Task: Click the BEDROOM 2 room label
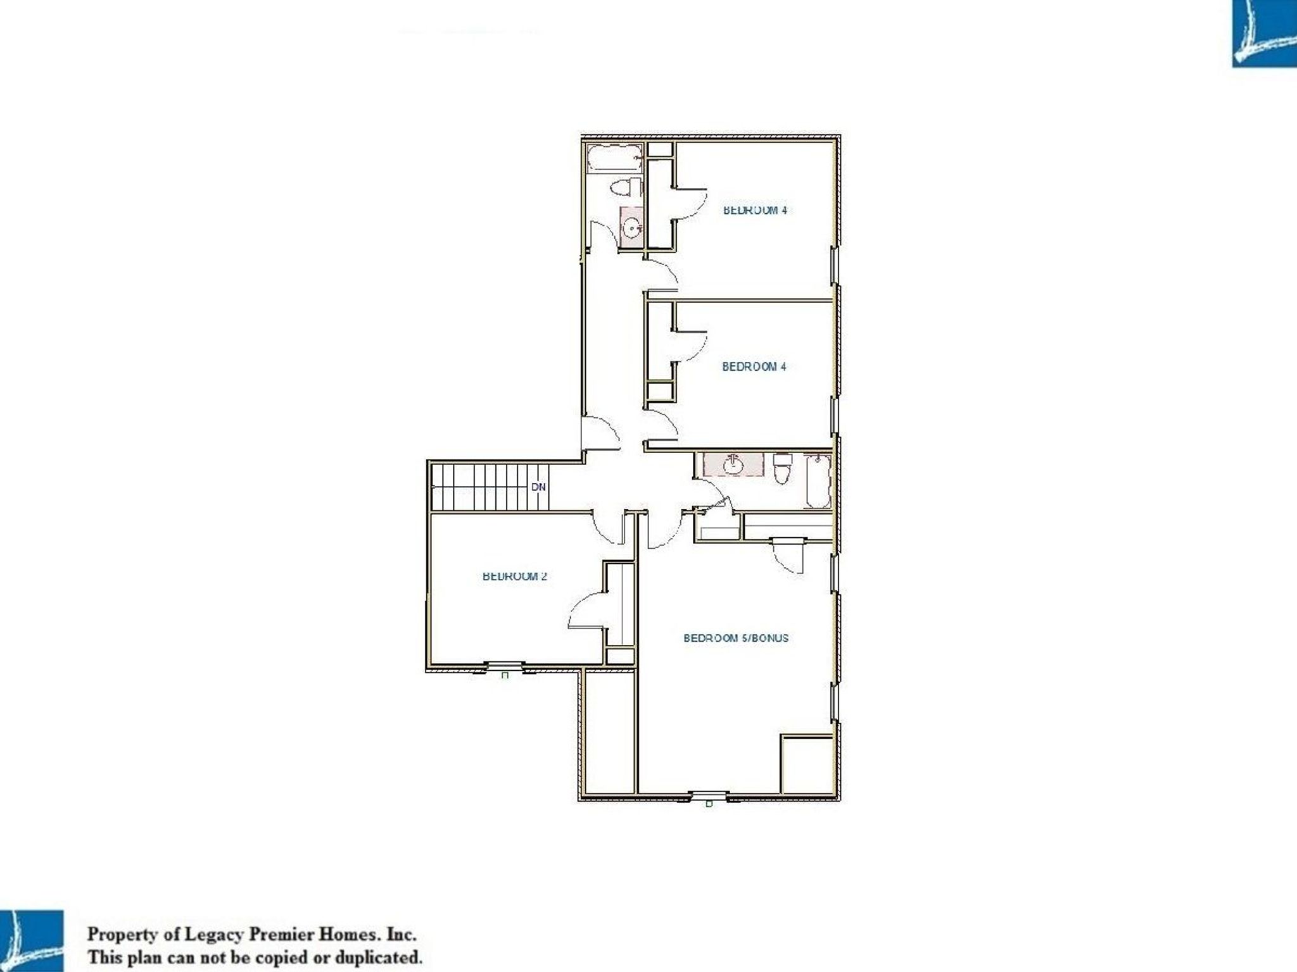point(514,576)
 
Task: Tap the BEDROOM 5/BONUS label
point(736,638)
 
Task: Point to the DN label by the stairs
point(538,487)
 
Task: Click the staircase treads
point(481,487)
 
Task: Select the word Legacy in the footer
point(211,935)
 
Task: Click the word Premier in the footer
point(275,935)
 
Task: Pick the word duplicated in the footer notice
point(381,957)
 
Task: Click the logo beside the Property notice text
point(31,940)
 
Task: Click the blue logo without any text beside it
point(1264,33)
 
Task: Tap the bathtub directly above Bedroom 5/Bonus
point(817,481)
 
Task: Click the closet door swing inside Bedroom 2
point(586,609)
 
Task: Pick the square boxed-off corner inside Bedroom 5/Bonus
point(807,764)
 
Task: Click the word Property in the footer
point(120,935)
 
